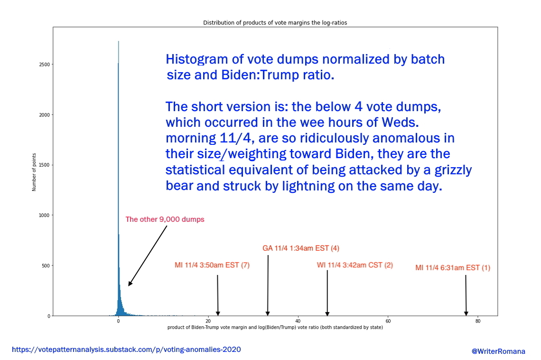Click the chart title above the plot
pos(275,23)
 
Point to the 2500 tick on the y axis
pos(46,65)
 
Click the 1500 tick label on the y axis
pos(46,165)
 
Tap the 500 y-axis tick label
pos(47,265)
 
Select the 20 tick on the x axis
pos(208,321)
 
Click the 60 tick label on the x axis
pos(388,321)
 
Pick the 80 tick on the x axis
pos(478,321)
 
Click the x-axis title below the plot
pos(275,328)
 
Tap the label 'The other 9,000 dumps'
pos(165,219)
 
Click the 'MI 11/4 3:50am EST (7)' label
pos(212,265)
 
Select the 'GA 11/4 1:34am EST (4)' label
pos(301,248)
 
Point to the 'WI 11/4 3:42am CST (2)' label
pos(354,265)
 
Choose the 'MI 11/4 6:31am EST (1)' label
pos(453,268)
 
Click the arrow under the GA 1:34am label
pos(268,285)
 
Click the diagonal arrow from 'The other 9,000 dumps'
pos(148,255)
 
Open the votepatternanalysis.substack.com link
pos(126,350)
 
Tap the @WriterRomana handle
pos(498,351)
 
